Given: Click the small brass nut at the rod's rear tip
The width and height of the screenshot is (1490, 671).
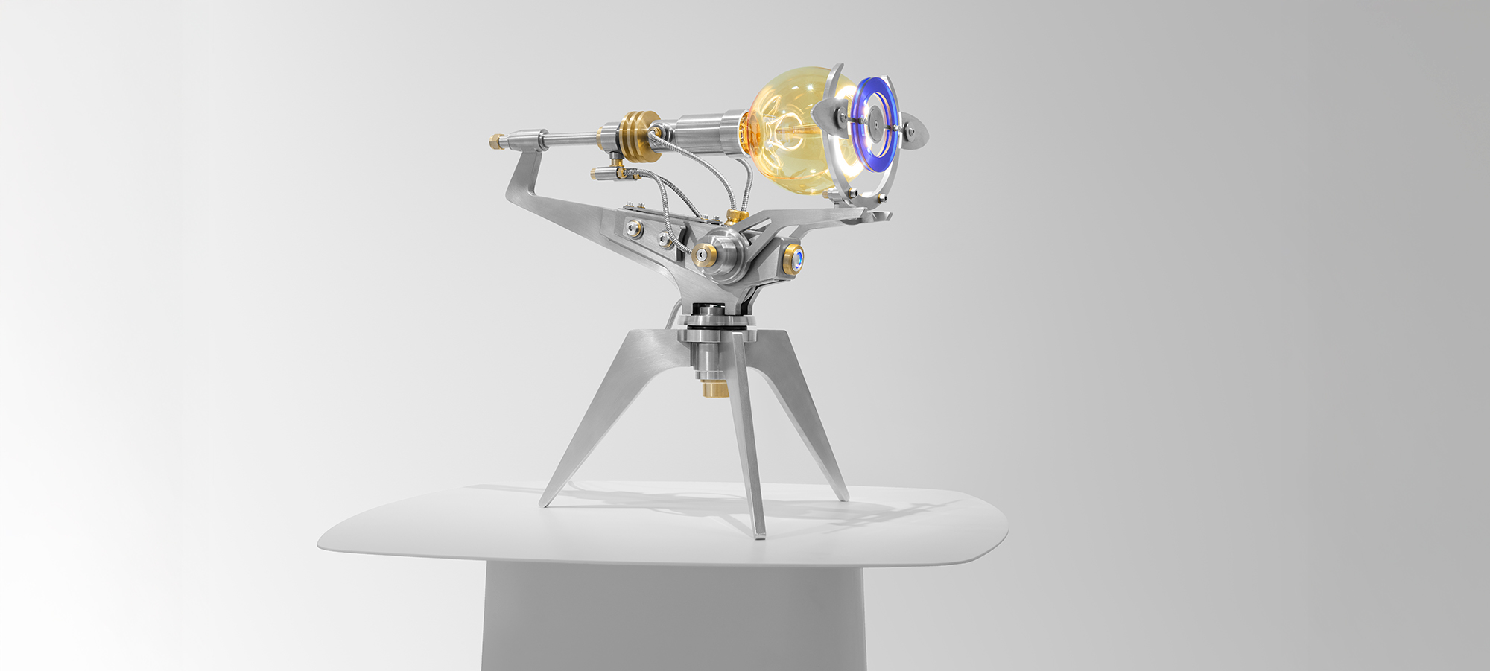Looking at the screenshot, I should pyautogui.click(x=495, y=141).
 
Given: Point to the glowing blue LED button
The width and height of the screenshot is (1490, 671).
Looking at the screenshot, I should pyautogui.click(x=796, y=259).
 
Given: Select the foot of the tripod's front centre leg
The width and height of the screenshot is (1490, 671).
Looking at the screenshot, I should pyautogui.click(x=759, y=533).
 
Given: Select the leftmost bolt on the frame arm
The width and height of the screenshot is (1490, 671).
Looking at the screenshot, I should pyautogui.click(x=633, y=229).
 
